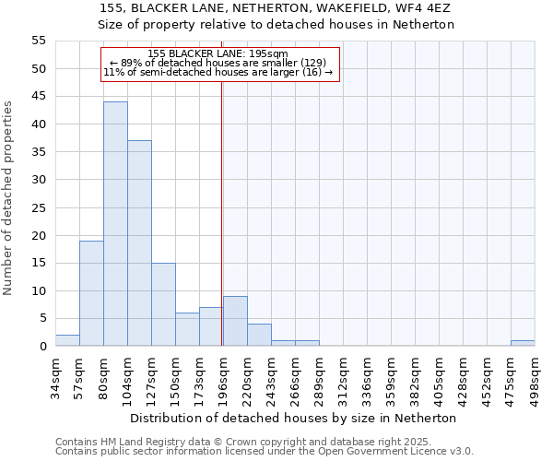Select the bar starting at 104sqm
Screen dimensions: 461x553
click(139, 243)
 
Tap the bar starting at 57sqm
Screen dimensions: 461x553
click(91, 293)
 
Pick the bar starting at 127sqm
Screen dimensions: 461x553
click(163, 304)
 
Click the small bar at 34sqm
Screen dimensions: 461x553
click(67, 340)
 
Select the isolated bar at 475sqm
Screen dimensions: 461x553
click(523, 343)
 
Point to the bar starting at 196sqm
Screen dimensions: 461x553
click(235, 321)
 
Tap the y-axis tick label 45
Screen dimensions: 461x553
click(38, 97)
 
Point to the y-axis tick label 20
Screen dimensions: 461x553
click(38, 235)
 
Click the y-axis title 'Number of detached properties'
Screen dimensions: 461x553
click(8, 198)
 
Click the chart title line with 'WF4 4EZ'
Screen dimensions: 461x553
click(276, 8)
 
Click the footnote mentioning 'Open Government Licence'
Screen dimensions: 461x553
click(265, 452)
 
